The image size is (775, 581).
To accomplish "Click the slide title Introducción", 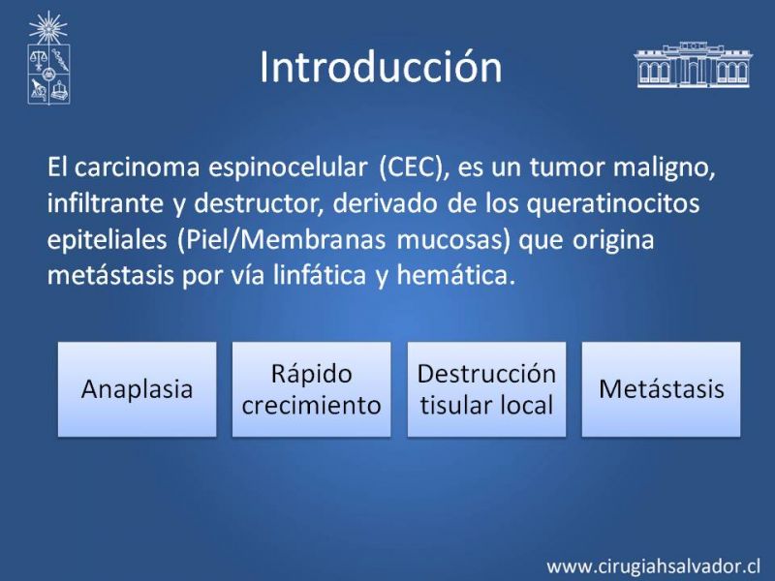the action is point(381,67).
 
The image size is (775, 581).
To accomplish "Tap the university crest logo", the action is point(47,58).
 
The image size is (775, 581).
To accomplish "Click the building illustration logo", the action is point(693,65).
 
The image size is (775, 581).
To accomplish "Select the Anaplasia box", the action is point(137,389).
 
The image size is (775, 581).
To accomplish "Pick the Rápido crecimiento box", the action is point(311,389).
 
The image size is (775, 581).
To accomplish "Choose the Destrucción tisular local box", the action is point(486,389).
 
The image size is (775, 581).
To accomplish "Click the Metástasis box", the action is point(662,389).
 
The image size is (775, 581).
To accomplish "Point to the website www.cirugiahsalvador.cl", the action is point(653,566).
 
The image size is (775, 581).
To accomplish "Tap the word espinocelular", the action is point(288,168).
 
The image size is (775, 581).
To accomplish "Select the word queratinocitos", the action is point(613,203).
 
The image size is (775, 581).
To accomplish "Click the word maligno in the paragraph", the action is point(665,168).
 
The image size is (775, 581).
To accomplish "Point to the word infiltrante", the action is point(106,203).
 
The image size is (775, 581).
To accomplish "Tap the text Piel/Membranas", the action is point(281,239).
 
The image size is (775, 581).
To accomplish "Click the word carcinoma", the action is point(137,168).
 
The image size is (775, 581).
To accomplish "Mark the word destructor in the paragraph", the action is point(259,203).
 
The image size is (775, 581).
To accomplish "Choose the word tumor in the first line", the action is point(568,168).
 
